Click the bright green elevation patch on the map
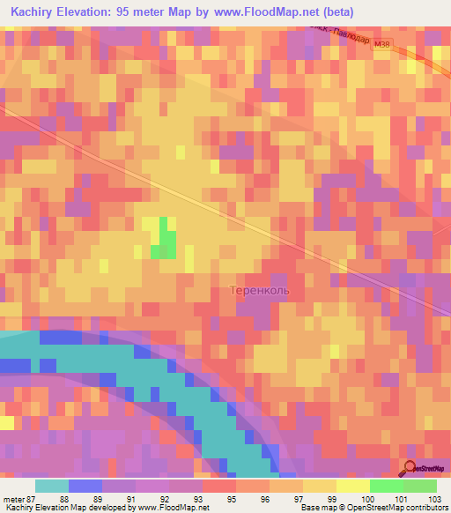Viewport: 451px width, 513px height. click(163, 238)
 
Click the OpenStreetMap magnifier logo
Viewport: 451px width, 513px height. click(410, 468)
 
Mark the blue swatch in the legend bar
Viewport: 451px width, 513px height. click(85, 486)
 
